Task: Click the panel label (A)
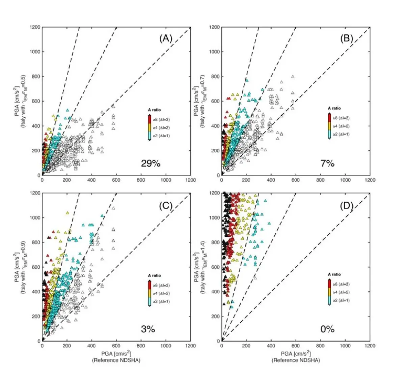click(166, 39)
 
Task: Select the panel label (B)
click(346, 39)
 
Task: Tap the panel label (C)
click(166, 205)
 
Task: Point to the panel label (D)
click(346, 205)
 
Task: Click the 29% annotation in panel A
click(151, 164)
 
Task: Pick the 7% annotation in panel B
click(327, 164)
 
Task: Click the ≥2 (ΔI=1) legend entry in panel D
click(340, 300)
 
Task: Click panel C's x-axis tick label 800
click(141, 346)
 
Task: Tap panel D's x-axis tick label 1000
click(345, 346)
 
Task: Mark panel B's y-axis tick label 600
click(215, 101)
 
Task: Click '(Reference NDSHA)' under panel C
click(116, 360)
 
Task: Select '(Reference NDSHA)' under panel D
click(296, 360)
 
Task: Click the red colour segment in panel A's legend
click(150, 119)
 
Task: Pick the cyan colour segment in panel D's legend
click(329, 300)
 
